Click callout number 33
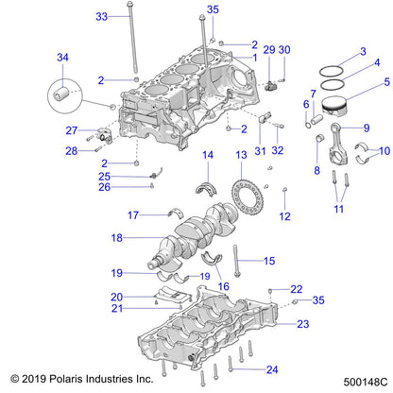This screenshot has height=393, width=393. (x=102, y=17)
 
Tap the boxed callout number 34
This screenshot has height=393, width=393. (x=63, y=59)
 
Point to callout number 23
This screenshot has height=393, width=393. (x=302, y=324)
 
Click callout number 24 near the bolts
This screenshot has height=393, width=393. (x=272, y=369)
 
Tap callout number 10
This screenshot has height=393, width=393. (x=383, y=151)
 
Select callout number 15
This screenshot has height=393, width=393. (x=267, y=261)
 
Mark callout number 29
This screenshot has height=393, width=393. (x=268, y=49)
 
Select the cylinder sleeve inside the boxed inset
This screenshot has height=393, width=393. (x=63, y=96)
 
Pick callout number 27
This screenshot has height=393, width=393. (x=72, y=130)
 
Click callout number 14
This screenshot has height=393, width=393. (x=207, y=154)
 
